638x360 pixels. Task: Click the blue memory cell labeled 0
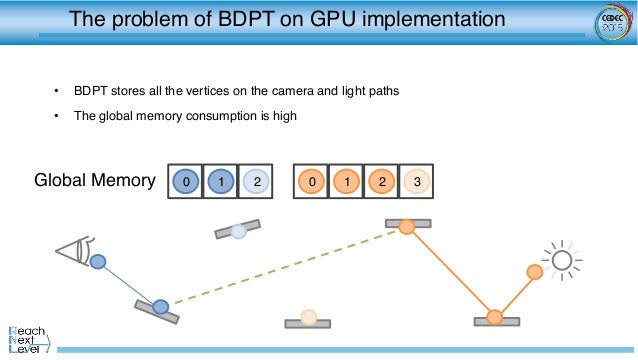(185, 181)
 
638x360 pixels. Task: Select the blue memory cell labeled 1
(221, 181)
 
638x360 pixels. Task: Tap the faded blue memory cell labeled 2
(257, 181)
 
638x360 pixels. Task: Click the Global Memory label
(95, 181)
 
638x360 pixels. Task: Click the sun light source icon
(562, 261)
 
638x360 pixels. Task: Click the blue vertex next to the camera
(98, 263)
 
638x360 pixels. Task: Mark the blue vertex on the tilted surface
(160, 306)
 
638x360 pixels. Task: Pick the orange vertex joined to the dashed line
(407, 227)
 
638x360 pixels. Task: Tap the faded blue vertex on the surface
(238, 231)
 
